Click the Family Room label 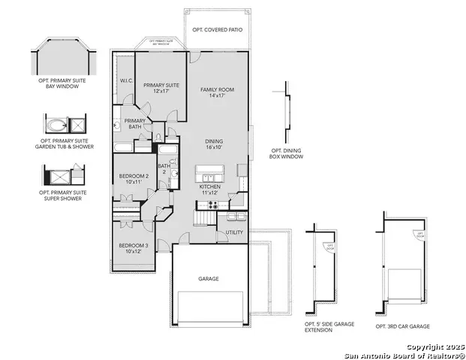pyautogui.click(x=217, y=93)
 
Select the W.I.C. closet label pyautogui.click(x=126, y=81)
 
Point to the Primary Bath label pyautogui.click(x=135, y=124)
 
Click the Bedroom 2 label pyautogui.click(x=134, y=178)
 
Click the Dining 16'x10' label pyautogui.click(x=216, y=144)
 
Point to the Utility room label pyautogui.click(x=234, y=232)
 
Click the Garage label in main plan pyautogui.click(x=209, y=278)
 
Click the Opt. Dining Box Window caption pyautogui.click(x=287, y=154)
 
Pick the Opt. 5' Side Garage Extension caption pyautogui.click(x=328, y=328)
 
